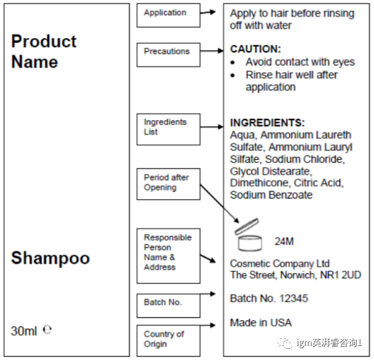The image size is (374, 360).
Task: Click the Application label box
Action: coord(168,15)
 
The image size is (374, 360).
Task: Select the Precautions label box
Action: coord(168,54)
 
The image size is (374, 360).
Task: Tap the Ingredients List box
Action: coord(168,128)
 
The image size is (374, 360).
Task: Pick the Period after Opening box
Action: coord(168,183)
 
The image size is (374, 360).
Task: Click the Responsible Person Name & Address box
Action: coord(168,255)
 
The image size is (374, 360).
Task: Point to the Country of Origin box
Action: coord(168,339)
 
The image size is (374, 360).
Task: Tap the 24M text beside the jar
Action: coord(284,242)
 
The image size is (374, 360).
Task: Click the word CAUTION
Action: coord(255,49)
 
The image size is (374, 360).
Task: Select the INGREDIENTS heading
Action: coord(267,123)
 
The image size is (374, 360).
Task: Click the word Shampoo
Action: coord(50,258)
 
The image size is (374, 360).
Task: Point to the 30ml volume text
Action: coord(24,331)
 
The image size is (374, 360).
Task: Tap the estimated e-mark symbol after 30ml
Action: coord(47,330)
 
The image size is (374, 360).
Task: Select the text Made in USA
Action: coord(261,322)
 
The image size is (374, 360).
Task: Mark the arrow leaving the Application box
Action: coord(208,12)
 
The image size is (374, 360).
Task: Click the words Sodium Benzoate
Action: coord(271,195)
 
